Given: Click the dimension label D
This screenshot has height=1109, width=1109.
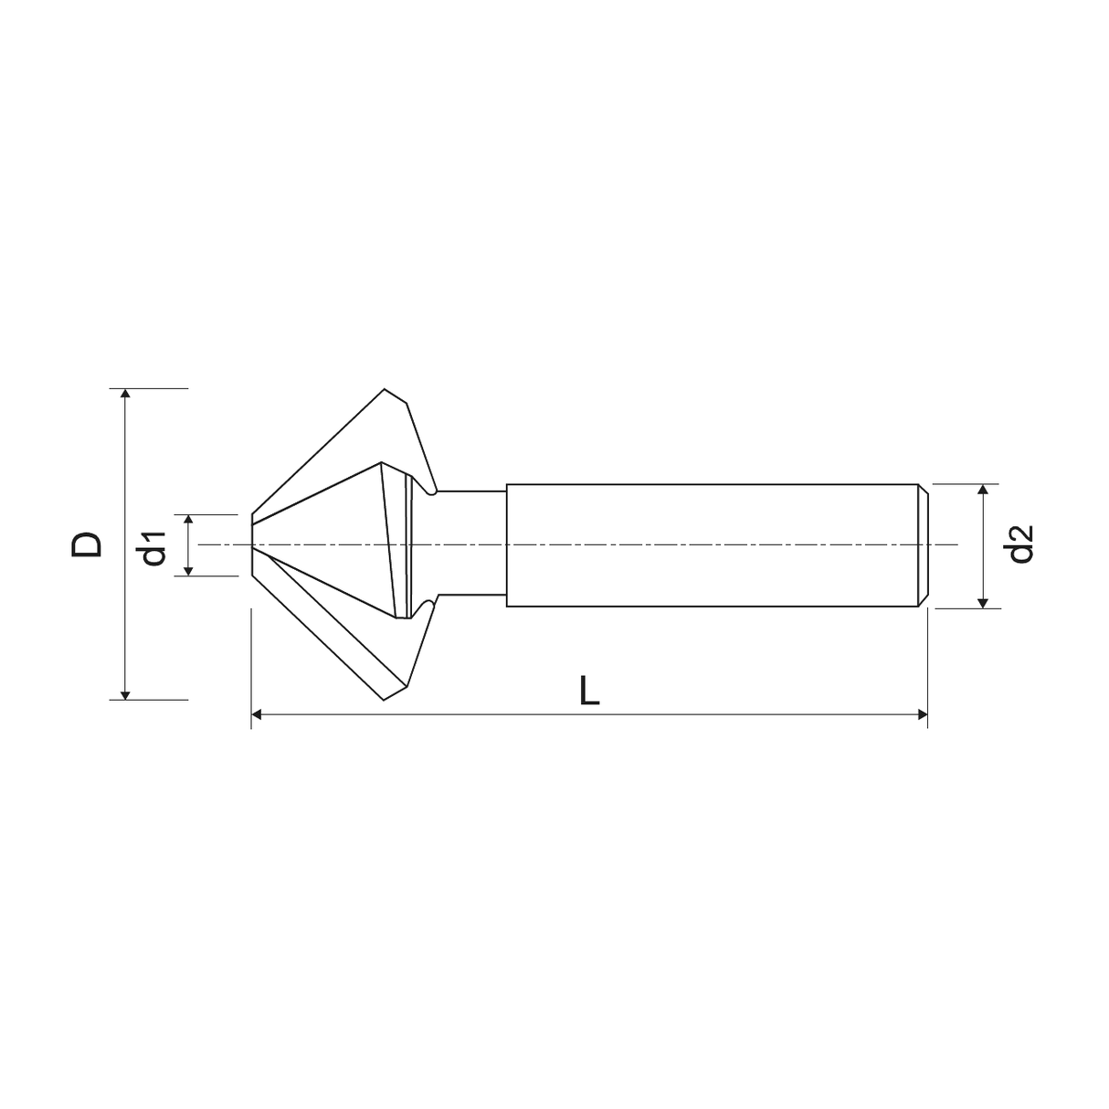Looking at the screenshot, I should point(88,544).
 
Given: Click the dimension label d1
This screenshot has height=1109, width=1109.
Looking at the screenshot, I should point(153,545).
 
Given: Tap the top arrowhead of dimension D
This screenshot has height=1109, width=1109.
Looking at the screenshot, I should point(126,395).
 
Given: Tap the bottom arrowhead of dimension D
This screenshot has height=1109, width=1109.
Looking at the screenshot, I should point(126,693).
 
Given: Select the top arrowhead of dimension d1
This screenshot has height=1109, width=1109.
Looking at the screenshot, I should point(188,520).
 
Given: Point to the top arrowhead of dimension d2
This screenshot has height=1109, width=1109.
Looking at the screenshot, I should point(983,491).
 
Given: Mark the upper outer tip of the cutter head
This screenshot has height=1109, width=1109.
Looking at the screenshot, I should point(385,390).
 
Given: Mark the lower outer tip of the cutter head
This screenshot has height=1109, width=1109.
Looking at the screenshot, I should point(385,700).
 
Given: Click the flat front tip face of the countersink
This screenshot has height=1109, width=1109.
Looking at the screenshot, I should point(252,545).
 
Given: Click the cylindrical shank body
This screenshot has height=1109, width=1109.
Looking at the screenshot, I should point(713,545).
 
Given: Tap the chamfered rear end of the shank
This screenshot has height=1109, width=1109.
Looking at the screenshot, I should point(924,545).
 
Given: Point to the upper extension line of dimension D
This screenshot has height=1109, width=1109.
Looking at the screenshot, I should point(155,388).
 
